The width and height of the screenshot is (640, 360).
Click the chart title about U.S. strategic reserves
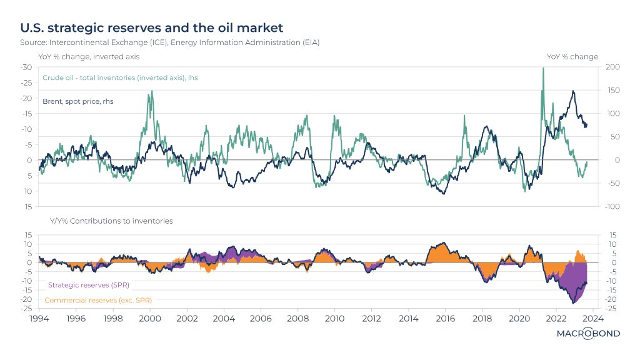[x=152, y=28]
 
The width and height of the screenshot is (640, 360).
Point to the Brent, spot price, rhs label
[x=78, y=101]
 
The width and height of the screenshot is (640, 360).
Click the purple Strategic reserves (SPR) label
[x=88, y=284]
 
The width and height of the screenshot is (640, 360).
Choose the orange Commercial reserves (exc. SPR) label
[x=100, y=300]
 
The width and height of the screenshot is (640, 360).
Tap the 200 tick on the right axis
[x=612, y=67]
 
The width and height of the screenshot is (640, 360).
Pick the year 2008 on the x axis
[x=297, y=318]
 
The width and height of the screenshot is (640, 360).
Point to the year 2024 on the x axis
[x=592, y=318]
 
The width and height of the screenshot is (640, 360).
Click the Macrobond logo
[x=588, y=334]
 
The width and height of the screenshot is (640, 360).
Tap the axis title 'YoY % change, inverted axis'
[x=89, y=56]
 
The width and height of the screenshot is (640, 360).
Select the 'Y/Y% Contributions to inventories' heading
[x=111, y=221]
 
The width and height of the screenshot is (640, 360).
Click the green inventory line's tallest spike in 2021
[x=542, y=69]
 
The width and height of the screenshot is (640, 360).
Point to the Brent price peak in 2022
[x=573, y=91]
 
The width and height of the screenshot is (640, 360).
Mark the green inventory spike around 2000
[x=152, y=92]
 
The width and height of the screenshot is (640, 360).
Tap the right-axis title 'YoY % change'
[x=572, y=56]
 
